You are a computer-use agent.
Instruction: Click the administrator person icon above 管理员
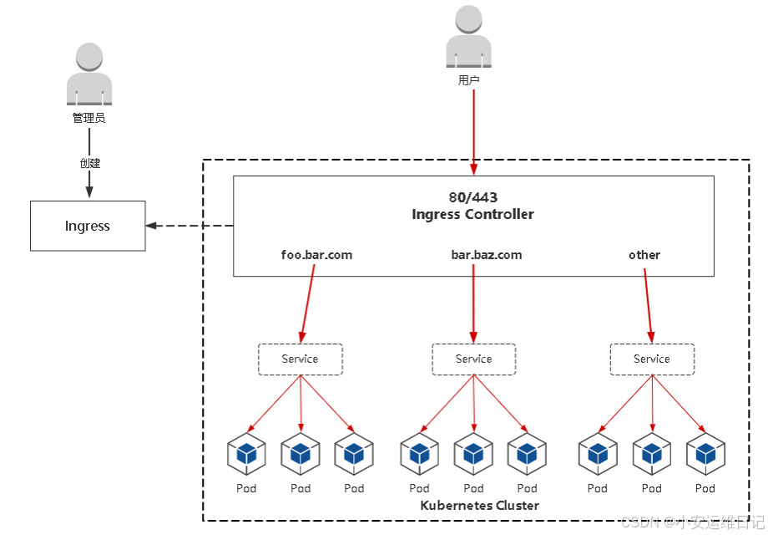click(89, 74)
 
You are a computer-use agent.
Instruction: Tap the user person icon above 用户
click(469, 37)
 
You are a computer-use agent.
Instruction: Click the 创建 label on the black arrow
click(90, 163)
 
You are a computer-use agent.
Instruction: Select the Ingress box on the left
click(88, 226)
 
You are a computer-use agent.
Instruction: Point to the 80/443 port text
click(473, 197)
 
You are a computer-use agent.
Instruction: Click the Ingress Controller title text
click(473, 214)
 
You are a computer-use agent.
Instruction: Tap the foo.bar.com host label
click(316, 255)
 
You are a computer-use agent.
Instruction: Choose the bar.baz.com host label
click(487, 255)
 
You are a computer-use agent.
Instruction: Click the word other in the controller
click(644, 255)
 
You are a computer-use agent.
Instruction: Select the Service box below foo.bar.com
click(301, 359)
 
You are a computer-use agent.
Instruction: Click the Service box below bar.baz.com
click(473, 359)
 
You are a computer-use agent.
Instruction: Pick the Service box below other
click(652, 359)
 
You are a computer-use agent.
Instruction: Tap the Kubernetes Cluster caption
click(479, 506)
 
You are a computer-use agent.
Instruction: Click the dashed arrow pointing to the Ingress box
click(189, 226)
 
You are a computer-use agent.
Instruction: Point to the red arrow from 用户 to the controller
click(473, 132)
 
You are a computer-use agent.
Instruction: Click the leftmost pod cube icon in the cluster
click(246, 454)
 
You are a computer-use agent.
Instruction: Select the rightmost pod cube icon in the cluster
click(705, 454)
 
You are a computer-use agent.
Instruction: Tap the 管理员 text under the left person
click(89, 118)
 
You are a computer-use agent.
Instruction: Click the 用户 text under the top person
click(469, 80)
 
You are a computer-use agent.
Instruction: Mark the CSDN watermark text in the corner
click(692, 522)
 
